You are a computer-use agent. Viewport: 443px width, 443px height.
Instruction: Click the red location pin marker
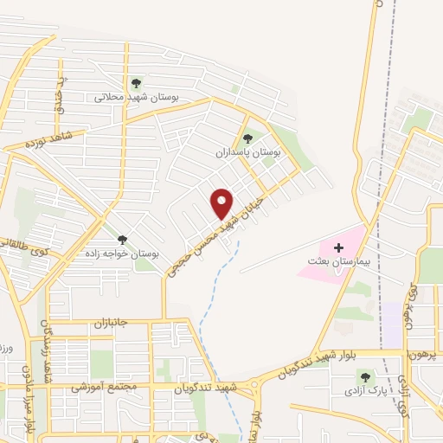pos(222,203)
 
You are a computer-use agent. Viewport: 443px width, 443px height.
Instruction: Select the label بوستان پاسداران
pos(248,151)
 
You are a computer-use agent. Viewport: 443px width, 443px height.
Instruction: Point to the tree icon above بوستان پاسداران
pos(249,138)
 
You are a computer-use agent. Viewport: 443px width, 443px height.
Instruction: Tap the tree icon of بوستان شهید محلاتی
pos(135,84)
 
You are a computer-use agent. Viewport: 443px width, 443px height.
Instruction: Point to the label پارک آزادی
pos(363,391)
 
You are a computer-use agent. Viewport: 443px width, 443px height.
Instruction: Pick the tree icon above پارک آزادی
pos(364,377)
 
